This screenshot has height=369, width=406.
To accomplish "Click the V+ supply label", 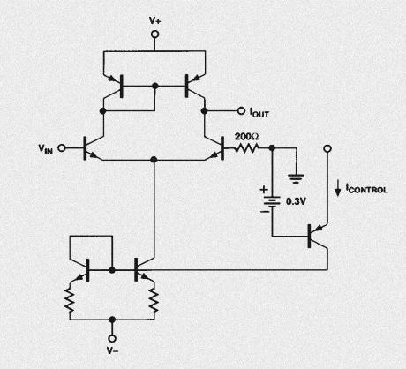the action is coord(154,20).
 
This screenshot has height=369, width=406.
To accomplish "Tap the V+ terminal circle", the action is coord(154,34).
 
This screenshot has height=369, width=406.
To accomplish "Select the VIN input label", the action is coord(46,148).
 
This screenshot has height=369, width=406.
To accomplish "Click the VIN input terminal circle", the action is coord(62,147).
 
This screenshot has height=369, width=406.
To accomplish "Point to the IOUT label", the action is coord(259,112).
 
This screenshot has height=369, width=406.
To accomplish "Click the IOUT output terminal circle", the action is coord(241,111).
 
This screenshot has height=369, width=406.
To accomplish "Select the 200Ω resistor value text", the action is coord(246,137).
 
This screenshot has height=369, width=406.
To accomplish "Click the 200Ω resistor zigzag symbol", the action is coord(247,148).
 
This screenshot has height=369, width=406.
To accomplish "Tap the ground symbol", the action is coord(296,178).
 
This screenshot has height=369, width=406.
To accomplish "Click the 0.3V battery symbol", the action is coord(272,202).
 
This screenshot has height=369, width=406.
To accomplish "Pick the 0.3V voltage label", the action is coord(296,201).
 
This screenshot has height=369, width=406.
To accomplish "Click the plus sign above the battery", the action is coord(264,190).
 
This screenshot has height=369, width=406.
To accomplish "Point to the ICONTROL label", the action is coord(366,189).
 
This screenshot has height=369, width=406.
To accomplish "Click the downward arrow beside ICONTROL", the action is coord(338,189).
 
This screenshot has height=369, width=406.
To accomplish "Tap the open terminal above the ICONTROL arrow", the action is coord(327,148).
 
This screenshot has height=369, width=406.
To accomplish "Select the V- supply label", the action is coord(112,350).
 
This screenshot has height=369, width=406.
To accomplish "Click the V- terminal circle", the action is coord(112,338).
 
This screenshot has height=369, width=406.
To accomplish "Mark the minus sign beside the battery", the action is coord(265,211).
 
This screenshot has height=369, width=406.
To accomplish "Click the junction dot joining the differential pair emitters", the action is coord(154,160).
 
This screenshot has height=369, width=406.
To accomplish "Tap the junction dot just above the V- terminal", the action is coord(112,320).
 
